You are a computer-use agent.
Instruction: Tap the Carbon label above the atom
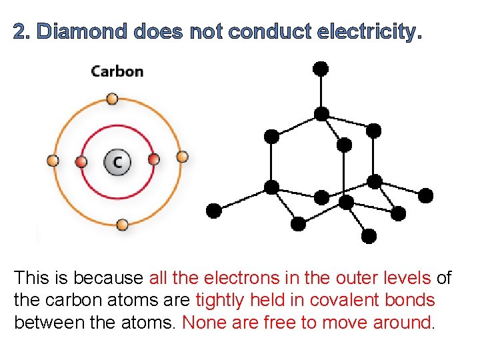pos(117,71)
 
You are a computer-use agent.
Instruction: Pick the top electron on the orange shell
pos(113,100)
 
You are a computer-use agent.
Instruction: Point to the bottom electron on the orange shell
pos(122,225)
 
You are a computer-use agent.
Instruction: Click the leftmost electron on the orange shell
pos(53,161)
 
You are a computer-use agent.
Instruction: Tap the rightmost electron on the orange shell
pos(182,157)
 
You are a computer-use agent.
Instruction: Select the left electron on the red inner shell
pos(81,162)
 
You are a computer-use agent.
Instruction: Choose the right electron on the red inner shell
pos(153,159)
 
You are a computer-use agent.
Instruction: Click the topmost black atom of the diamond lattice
pos(321,68)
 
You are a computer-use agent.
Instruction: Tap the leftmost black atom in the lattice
pos(213,211)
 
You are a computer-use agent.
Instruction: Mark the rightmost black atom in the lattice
pos(425,195)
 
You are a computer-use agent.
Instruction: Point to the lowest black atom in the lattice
pos(369,235)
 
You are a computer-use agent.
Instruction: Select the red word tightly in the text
pos(221,301)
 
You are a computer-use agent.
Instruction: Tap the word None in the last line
pos(204,323)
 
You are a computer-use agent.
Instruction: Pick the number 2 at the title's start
pos(21,31)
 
